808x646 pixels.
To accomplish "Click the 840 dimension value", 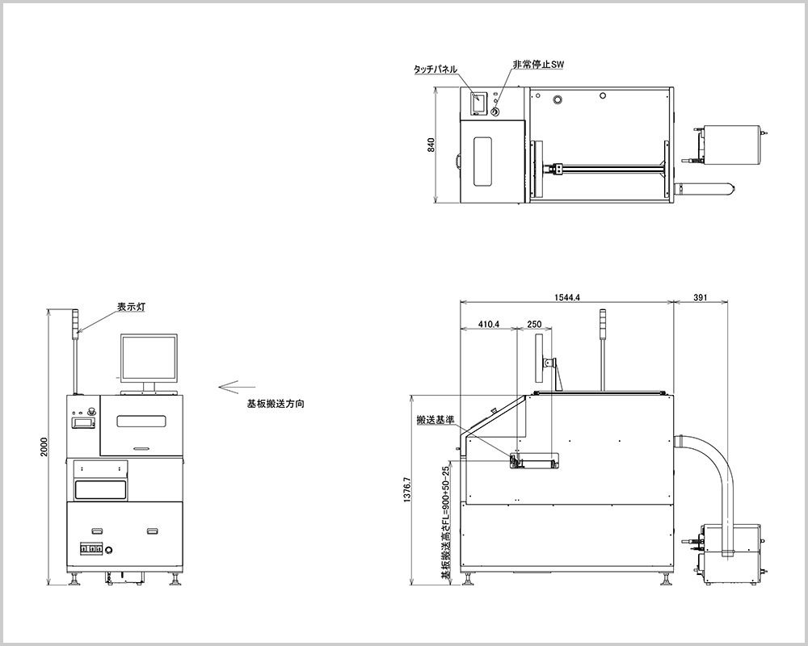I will click(431, 145).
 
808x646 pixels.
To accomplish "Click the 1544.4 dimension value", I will click(567, 298).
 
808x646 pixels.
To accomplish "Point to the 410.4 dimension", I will click(489, 324).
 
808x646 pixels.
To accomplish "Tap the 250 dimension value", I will click(534, 324).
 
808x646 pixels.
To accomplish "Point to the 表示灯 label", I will click(130, 307).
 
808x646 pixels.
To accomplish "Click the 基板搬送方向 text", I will click(275, 402).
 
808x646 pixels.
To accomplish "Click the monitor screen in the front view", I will click(149, 357).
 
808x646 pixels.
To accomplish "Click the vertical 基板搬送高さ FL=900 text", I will click(445, 522).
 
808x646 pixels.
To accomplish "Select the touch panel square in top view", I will click(479, 103).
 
